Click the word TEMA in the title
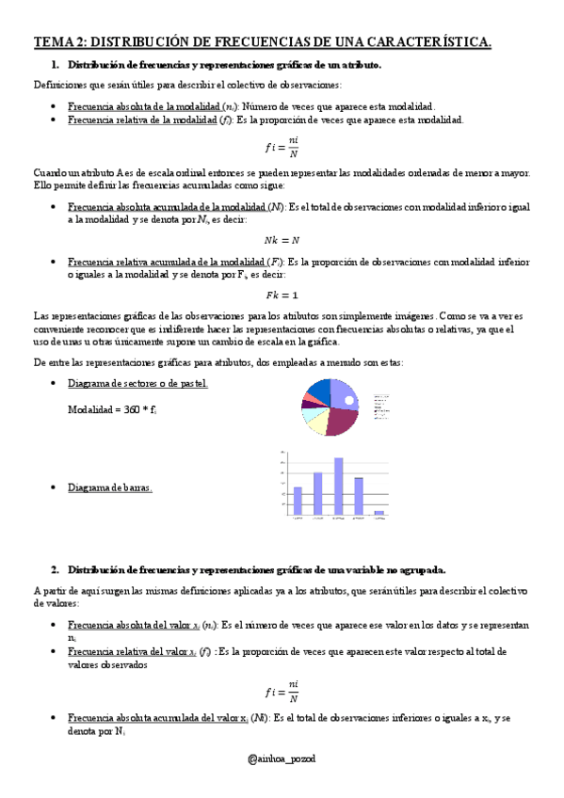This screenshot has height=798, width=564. (x=53, y=41)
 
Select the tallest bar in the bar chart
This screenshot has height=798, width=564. (x=339, y=486)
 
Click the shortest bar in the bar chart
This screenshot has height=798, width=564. (x=379, y=513)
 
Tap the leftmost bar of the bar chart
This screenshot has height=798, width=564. (x=298, y=501)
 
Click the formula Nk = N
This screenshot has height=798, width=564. (x=281, y=240)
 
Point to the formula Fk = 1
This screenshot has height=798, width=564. (x=281, y=295)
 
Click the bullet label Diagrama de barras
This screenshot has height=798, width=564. (x=109, y=487)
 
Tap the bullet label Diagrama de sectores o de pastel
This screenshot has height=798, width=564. (x=138, y=384)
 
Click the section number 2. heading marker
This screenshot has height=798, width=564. (x=56, y=569)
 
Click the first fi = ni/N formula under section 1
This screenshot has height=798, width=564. (x=281, y=148)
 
